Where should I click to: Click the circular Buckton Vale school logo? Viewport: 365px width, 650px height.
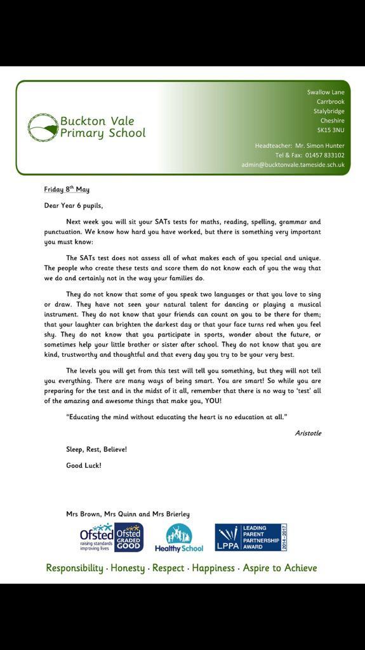click(43, 127)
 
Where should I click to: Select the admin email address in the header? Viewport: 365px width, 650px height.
click(293, 164)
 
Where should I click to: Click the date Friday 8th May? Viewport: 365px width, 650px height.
click(67, 189)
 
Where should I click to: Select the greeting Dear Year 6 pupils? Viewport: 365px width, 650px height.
click(73, 205)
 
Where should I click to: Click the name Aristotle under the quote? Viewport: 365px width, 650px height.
click(308, 433)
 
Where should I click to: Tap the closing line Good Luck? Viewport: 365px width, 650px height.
click(84, 465)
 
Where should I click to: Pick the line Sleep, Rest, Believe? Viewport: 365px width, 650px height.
click(96, 449)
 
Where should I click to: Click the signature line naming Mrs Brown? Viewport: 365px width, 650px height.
click(128, 514)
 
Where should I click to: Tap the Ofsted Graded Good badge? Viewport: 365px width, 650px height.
click(129, 537)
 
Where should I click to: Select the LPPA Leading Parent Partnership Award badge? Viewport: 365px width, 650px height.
click(251, 537)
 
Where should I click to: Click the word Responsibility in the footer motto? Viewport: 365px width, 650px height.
click(74, 568)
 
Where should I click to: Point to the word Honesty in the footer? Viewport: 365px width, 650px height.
click(128, 568)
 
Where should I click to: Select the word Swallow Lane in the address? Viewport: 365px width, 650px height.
click(326, 92)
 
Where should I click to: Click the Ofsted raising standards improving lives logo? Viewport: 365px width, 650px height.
click(96, 537)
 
